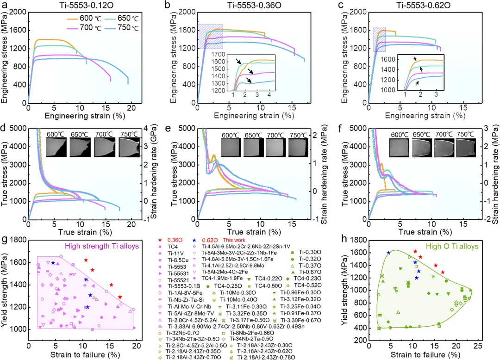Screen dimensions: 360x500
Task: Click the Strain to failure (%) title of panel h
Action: [425, 355]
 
